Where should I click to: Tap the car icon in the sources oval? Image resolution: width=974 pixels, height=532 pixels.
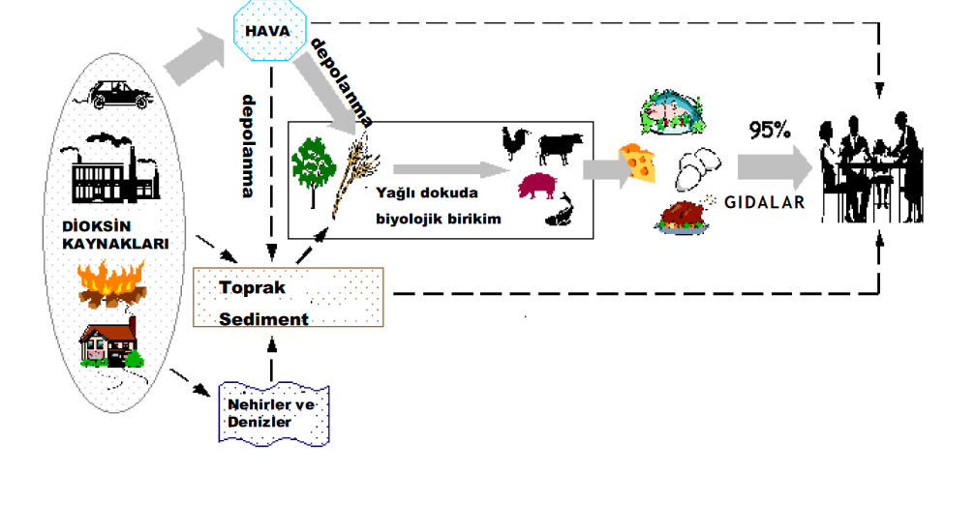click(119, 94)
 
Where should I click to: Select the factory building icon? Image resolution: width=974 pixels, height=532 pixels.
click(109, 168)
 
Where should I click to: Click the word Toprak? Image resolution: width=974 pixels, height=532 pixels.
click(252, 288)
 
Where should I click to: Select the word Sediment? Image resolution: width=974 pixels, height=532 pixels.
click(263, 319)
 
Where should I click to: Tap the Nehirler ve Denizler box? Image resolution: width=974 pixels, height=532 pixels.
click(274, 413)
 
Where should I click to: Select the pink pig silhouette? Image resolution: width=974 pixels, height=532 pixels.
click(538, 186)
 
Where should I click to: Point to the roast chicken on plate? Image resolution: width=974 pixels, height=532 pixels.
click(684, 217)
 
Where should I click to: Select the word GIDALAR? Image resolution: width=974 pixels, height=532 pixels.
click(765, 203)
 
